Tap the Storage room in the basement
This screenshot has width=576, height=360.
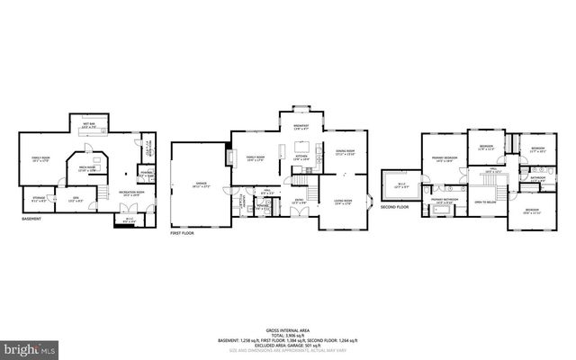click(x=39, y=198)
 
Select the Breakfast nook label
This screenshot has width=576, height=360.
click(x=301, y=127)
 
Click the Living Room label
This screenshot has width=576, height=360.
click(x=343, y=202)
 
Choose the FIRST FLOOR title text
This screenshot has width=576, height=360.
click(x=183, y=233)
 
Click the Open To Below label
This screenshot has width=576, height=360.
click(x=487, y=202)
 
